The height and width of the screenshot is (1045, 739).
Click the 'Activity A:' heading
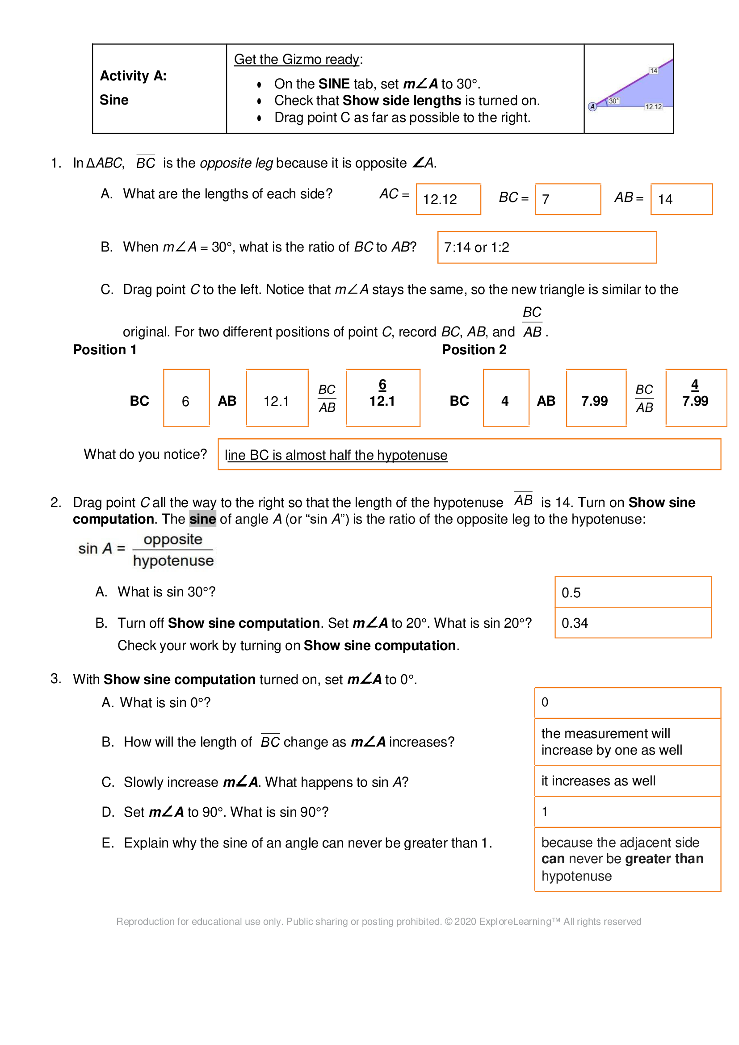coord(133,76)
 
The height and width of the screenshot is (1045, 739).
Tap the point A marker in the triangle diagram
coord(592,106)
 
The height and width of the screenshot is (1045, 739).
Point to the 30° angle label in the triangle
coord(613,101)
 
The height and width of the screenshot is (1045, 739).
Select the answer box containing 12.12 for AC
coord(448,199)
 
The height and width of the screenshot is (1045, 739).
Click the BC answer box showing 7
coord(567,199)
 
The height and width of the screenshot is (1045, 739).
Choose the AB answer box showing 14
coord(681,199)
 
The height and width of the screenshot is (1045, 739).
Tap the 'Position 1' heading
coord(105,349)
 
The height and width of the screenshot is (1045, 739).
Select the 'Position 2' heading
coord(474,349)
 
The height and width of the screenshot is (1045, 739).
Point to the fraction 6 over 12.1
coord(382,394)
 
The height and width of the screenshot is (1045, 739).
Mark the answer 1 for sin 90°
coord(545,811)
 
